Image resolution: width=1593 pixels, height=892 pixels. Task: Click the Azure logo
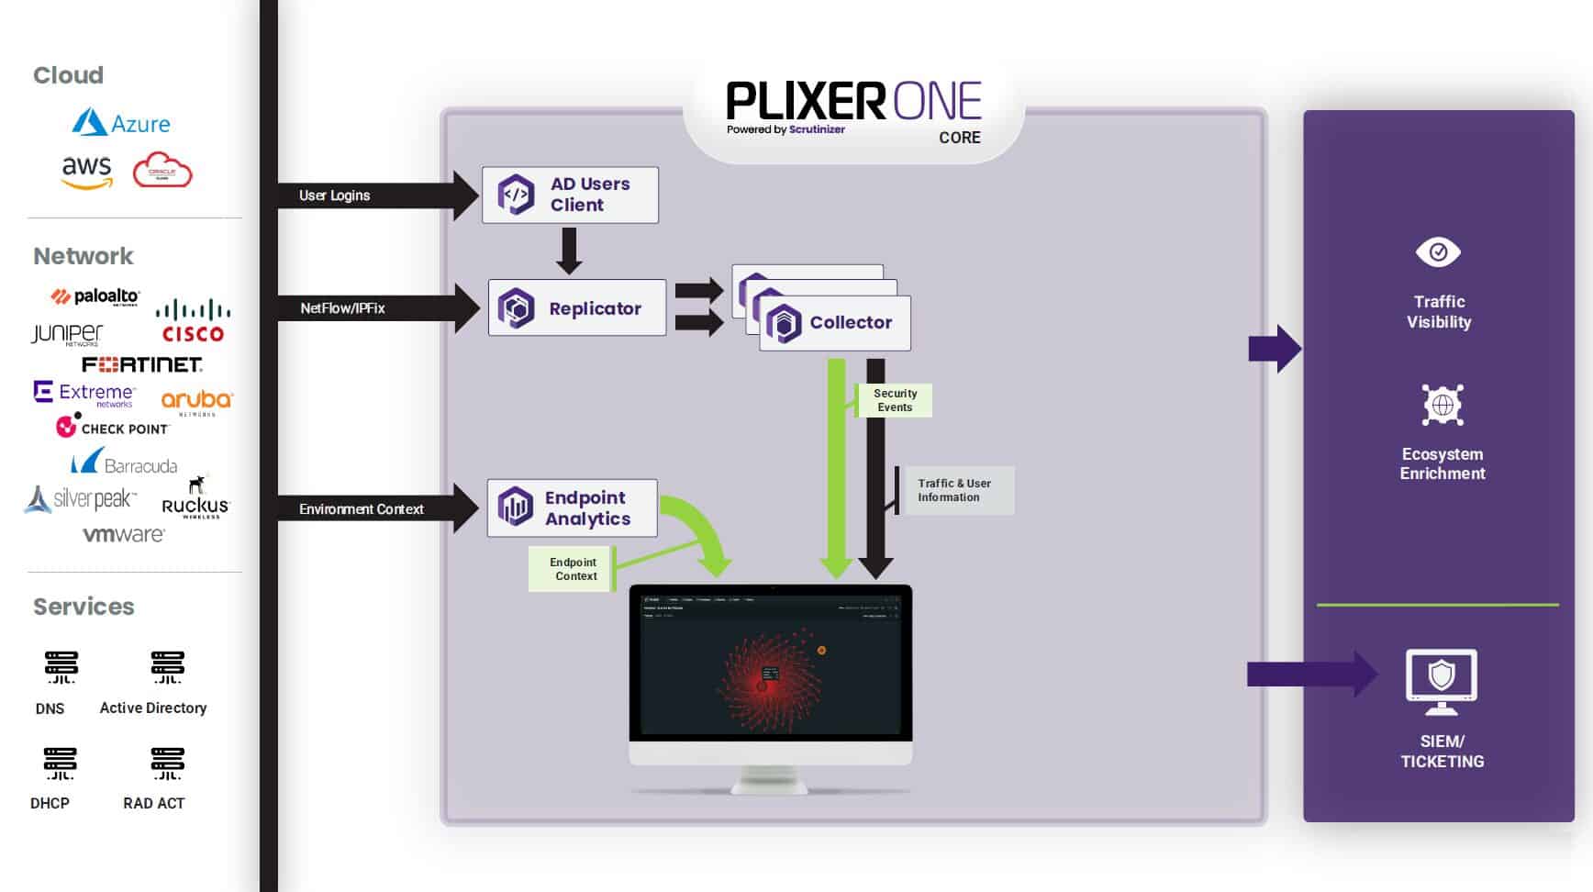(121, 123)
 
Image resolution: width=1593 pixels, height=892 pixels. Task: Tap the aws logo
(86, 171)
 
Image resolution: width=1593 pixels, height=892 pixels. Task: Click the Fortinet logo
(142, 364)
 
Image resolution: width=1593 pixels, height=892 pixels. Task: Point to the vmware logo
(124, 534)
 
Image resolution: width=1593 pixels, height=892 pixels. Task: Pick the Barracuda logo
(125, 463)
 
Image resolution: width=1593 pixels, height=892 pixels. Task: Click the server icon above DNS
(61, 667)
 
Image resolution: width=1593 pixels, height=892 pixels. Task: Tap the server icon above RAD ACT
(167, 764)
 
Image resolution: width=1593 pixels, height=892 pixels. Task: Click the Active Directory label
(153, 708)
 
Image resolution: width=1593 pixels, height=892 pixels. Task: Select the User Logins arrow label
(335, 195)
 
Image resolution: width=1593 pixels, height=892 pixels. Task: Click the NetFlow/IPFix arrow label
(342, 308)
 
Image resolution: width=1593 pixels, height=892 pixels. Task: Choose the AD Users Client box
(570, 195)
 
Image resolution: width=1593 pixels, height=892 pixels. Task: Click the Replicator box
(576, 308)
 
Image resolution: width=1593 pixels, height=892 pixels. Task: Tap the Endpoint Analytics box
(572, 508)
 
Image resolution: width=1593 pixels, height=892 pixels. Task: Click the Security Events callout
(895, 400)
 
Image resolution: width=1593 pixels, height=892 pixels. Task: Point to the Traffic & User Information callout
(954, 490)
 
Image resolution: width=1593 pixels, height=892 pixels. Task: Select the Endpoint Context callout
(573, 569)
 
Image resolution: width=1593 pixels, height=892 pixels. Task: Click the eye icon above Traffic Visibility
(1438, 251)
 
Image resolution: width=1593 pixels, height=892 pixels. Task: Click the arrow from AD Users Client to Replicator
(569, 251)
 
